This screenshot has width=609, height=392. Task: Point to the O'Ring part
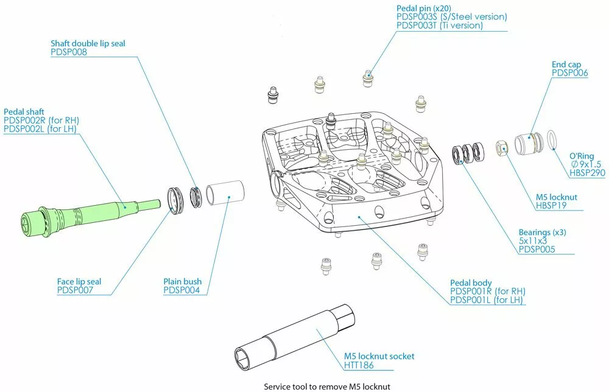(x=552, y=139)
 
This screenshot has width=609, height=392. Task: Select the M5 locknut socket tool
(x=292, y=338)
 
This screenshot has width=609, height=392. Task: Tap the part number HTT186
(x=359, y=365)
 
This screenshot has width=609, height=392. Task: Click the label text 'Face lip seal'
(x=79, y=282)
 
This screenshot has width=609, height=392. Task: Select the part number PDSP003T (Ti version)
(x=439, y=26)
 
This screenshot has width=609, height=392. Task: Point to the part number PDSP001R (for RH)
(x=487, y=292)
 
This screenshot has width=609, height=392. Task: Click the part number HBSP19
(x=549, y=206)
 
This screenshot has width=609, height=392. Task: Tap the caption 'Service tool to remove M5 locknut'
(x=326, y=387)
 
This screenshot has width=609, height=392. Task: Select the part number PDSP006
(x=570, y=72)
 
